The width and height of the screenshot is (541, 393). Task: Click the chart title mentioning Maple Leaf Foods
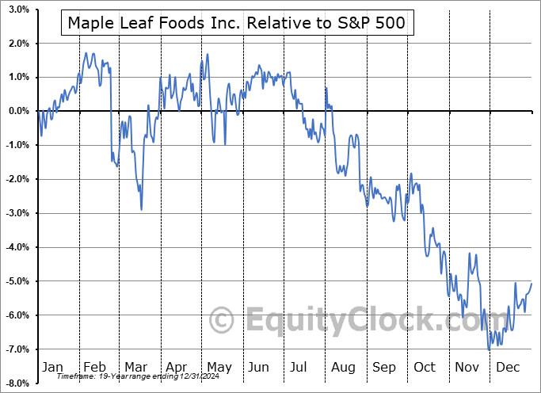coord(236,23)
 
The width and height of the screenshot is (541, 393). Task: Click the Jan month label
coord(51,367)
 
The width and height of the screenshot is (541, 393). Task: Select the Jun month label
coord(258,367)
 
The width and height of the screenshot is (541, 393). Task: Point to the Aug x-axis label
coord(342,367)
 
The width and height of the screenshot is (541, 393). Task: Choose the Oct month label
coord(425,367)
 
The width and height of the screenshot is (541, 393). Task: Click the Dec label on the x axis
coord(508,367)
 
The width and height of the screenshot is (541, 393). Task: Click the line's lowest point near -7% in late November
coord(489,349)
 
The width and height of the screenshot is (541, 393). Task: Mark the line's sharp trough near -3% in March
coord(141,210)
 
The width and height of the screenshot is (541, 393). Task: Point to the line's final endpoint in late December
coord(531,283)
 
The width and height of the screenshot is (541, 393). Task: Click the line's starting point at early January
coord(39,112)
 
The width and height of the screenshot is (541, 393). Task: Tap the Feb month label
coord(95,367)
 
